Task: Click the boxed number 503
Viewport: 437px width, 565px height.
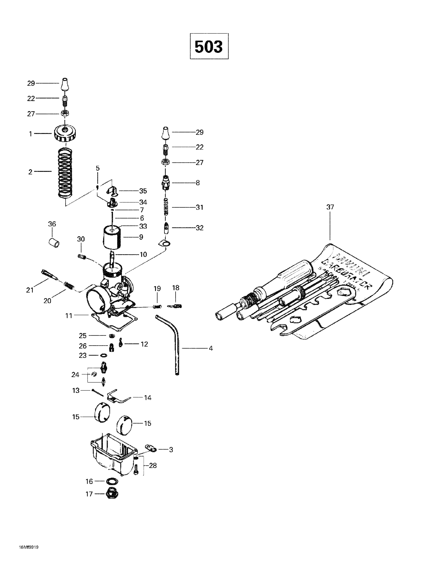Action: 209,47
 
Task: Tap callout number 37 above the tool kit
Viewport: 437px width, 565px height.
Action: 330,207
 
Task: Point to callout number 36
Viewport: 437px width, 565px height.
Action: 52,224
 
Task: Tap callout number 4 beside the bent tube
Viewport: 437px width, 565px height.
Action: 211,348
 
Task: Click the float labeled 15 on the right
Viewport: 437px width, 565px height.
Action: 125,424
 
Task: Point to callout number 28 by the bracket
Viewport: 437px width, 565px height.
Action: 153,466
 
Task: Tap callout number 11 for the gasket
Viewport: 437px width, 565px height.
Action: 69,316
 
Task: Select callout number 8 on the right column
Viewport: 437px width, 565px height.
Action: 198,183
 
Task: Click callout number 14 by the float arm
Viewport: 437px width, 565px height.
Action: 147,398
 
